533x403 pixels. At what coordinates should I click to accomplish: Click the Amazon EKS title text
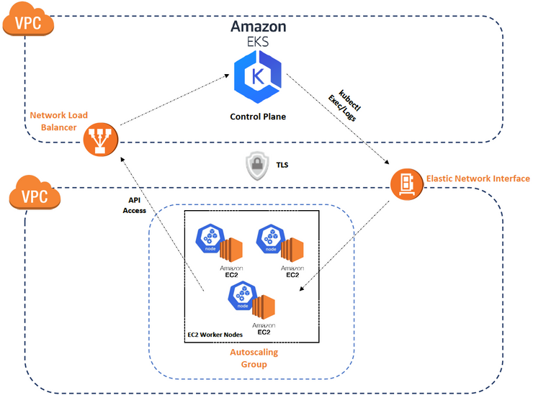coord(259,33)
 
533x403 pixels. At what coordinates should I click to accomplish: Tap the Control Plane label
coord(259,116)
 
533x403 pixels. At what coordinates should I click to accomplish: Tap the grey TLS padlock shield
coord(259,166)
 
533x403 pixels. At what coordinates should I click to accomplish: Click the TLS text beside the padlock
coord(282,164)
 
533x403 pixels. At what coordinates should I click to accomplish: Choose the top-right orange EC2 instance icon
coord(292,249)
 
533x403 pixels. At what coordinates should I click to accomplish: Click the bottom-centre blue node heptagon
coord(241,296)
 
